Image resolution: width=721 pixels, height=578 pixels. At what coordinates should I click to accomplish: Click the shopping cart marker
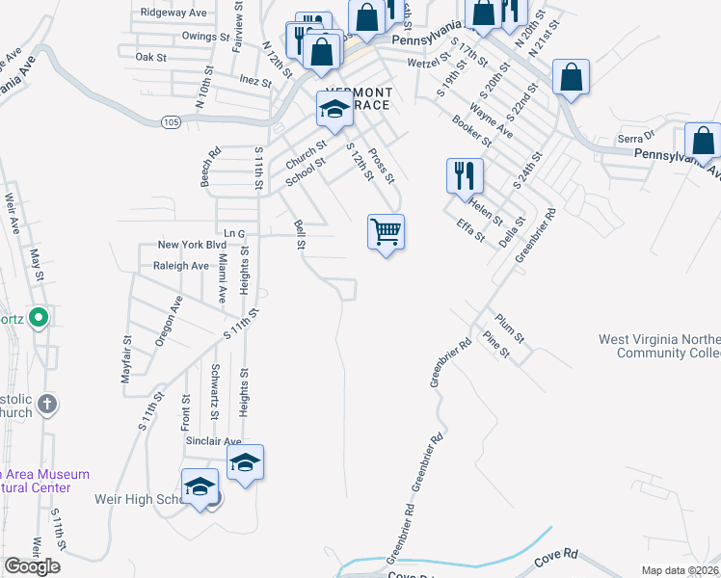pyautogui.click(x=386, y=232)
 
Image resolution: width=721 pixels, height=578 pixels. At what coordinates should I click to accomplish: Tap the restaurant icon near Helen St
pyautogui.click(x=464, y=176)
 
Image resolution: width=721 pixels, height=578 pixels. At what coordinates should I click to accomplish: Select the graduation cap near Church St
pyautogui.click(x=334, y=110)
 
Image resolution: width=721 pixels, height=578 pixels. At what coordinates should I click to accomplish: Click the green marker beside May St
pyautogui.click(x=39, y=317)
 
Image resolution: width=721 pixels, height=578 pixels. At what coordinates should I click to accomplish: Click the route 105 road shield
pyautogui.click(x=171, y=121)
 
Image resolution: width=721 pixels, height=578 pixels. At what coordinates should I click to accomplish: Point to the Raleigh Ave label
pyautogui.click(x=180, y=266)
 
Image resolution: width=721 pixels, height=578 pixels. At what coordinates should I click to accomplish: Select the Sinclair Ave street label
pyautogui.click(x=213, y=441)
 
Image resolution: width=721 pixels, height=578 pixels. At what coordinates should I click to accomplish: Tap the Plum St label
pyautogui.click(x=509, y=327)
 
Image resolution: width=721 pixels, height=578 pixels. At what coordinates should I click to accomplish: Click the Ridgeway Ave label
pyautogui.click(x=174, y=13)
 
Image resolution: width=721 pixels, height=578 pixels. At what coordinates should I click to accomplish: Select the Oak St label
pyautogui.click(x=151, y=58)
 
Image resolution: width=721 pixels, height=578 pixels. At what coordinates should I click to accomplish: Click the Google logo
pyautogui.click(x=32, y=566)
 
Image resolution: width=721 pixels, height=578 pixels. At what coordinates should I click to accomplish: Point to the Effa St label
pyautogui.click(x=471, y=230)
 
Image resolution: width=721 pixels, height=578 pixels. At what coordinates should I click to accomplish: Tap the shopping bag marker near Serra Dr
pyautogui.click(x=703, y=141)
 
